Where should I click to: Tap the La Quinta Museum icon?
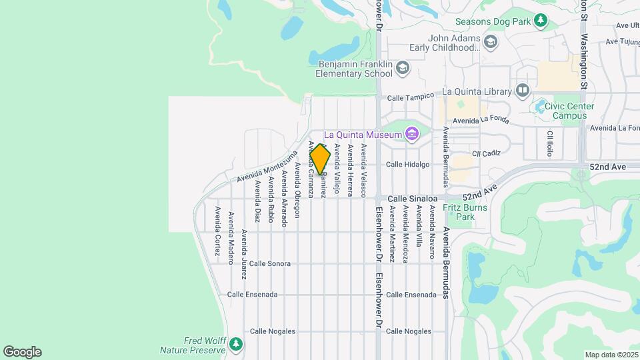tap(411, 135)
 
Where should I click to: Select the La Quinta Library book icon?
tap(522, 90)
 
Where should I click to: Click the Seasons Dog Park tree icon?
tap(541, 21)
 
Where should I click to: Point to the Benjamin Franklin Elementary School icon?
tap(403, 68)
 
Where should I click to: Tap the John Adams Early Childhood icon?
tap(491, 43)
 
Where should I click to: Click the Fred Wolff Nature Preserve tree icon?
tap(235, 345)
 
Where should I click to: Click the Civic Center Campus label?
tap(565, 111)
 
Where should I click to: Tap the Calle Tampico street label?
tap(410, 96)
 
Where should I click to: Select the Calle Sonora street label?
tap(270, 263)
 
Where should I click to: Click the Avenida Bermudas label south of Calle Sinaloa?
tap(446, 263)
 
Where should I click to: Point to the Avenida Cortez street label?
tap(217, 230)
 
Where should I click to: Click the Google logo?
tap(22, 352)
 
